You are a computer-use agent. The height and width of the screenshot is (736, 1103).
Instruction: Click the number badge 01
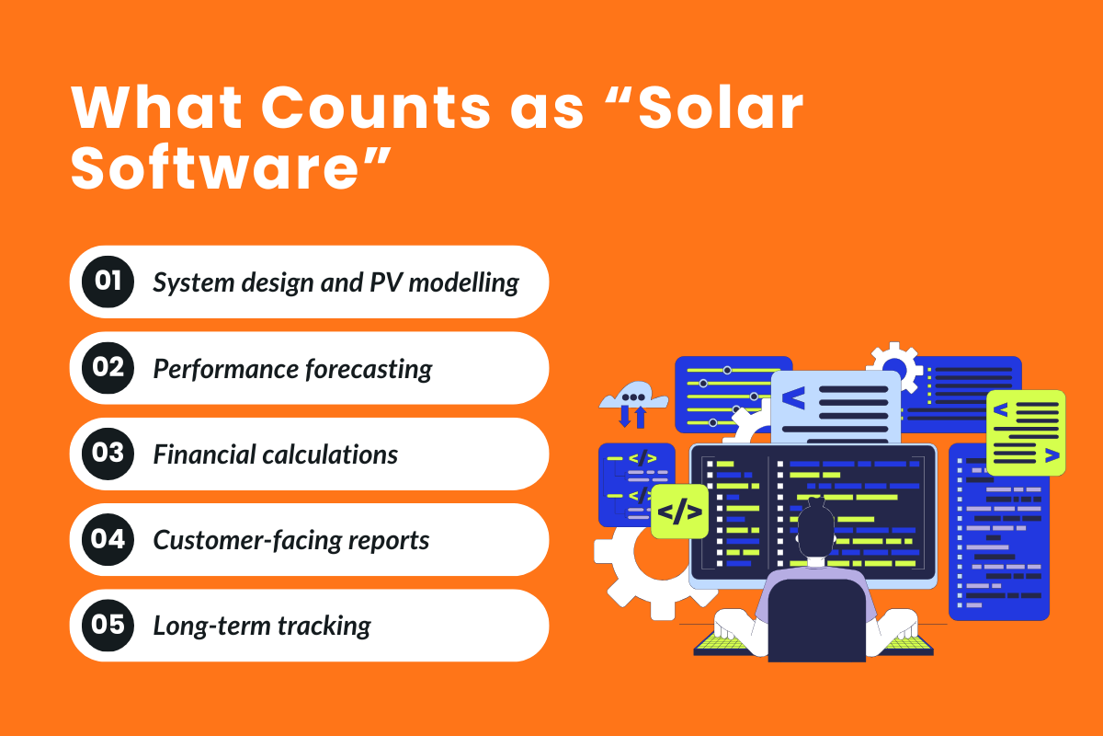(x=108, y=282)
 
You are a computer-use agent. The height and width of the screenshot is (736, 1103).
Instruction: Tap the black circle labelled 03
(x=108, y=454)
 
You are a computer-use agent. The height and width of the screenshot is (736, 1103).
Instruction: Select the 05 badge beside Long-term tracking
(x=108, y=626)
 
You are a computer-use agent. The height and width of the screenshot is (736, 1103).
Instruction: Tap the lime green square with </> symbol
(x=679, y=512)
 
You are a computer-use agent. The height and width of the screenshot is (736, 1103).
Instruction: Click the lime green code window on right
(x=1026, y=431)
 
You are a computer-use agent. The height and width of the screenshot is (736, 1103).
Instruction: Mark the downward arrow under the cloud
(x=624, y=417)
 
